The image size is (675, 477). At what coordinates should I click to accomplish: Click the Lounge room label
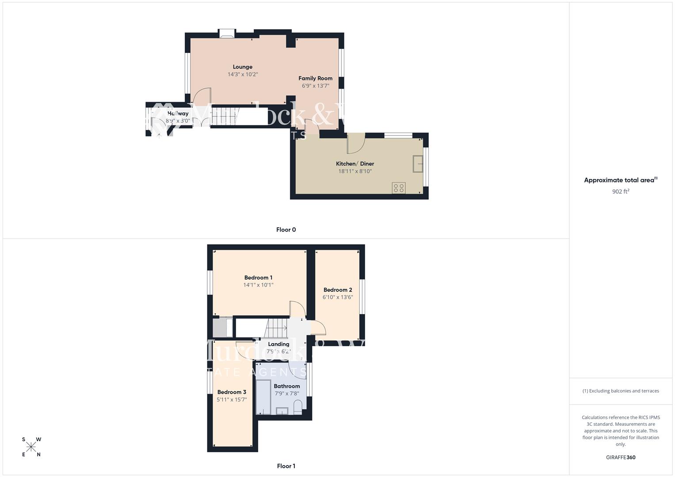[x=243, y=67]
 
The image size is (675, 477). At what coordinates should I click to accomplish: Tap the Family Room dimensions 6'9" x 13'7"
[x=315, y=86]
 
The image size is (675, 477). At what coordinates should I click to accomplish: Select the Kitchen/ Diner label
[x=355, y=164]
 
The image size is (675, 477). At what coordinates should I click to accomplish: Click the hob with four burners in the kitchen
[x=398, y=188]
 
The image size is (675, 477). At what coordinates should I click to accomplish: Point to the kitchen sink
[x=418, y=164]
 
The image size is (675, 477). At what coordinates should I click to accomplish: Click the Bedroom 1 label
[x=258, y=278]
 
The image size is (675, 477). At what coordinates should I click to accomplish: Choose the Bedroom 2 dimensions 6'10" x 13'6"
[x=338, y=297]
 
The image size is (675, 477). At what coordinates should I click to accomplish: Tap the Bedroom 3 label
[x=232, y=392]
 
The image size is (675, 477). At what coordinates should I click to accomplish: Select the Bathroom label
[x=287, y=386]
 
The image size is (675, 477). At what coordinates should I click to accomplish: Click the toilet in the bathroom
[x=297, y=407]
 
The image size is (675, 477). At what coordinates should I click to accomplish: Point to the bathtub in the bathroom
[x=263, y=399]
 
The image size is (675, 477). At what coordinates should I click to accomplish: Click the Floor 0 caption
[x=286, y=230]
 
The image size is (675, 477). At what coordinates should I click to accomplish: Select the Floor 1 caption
[x=286, y=466]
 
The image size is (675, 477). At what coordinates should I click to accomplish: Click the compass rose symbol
[x=31, y=447]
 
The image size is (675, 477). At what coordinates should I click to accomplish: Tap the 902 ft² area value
[x=621, y=192]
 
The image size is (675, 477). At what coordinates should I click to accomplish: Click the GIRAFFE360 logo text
[x=621, y=458]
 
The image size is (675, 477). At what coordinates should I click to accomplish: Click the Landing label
[x=278, y=344]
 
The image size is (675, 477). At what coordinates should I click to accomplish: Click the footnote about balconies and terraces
[x=621, y=391]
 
